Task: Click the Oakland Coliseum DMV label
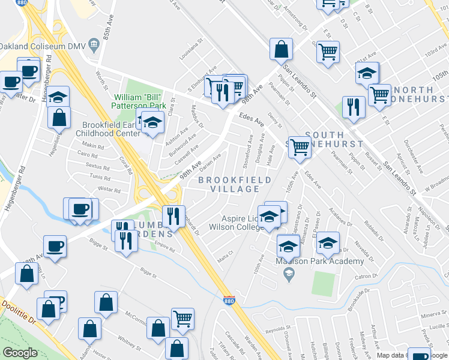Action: [x=42, y=46]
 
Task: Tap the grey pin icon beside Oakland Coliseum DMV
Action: [x=94, y=44]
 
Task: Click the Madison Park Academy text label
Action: [x=319, y=261]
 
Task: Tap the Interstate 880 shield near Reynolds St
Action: [x=229, y=299]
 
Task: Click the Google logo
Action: [x=20, y=353]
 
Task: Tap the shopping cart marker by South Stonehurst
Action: [x=299, y=146]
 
